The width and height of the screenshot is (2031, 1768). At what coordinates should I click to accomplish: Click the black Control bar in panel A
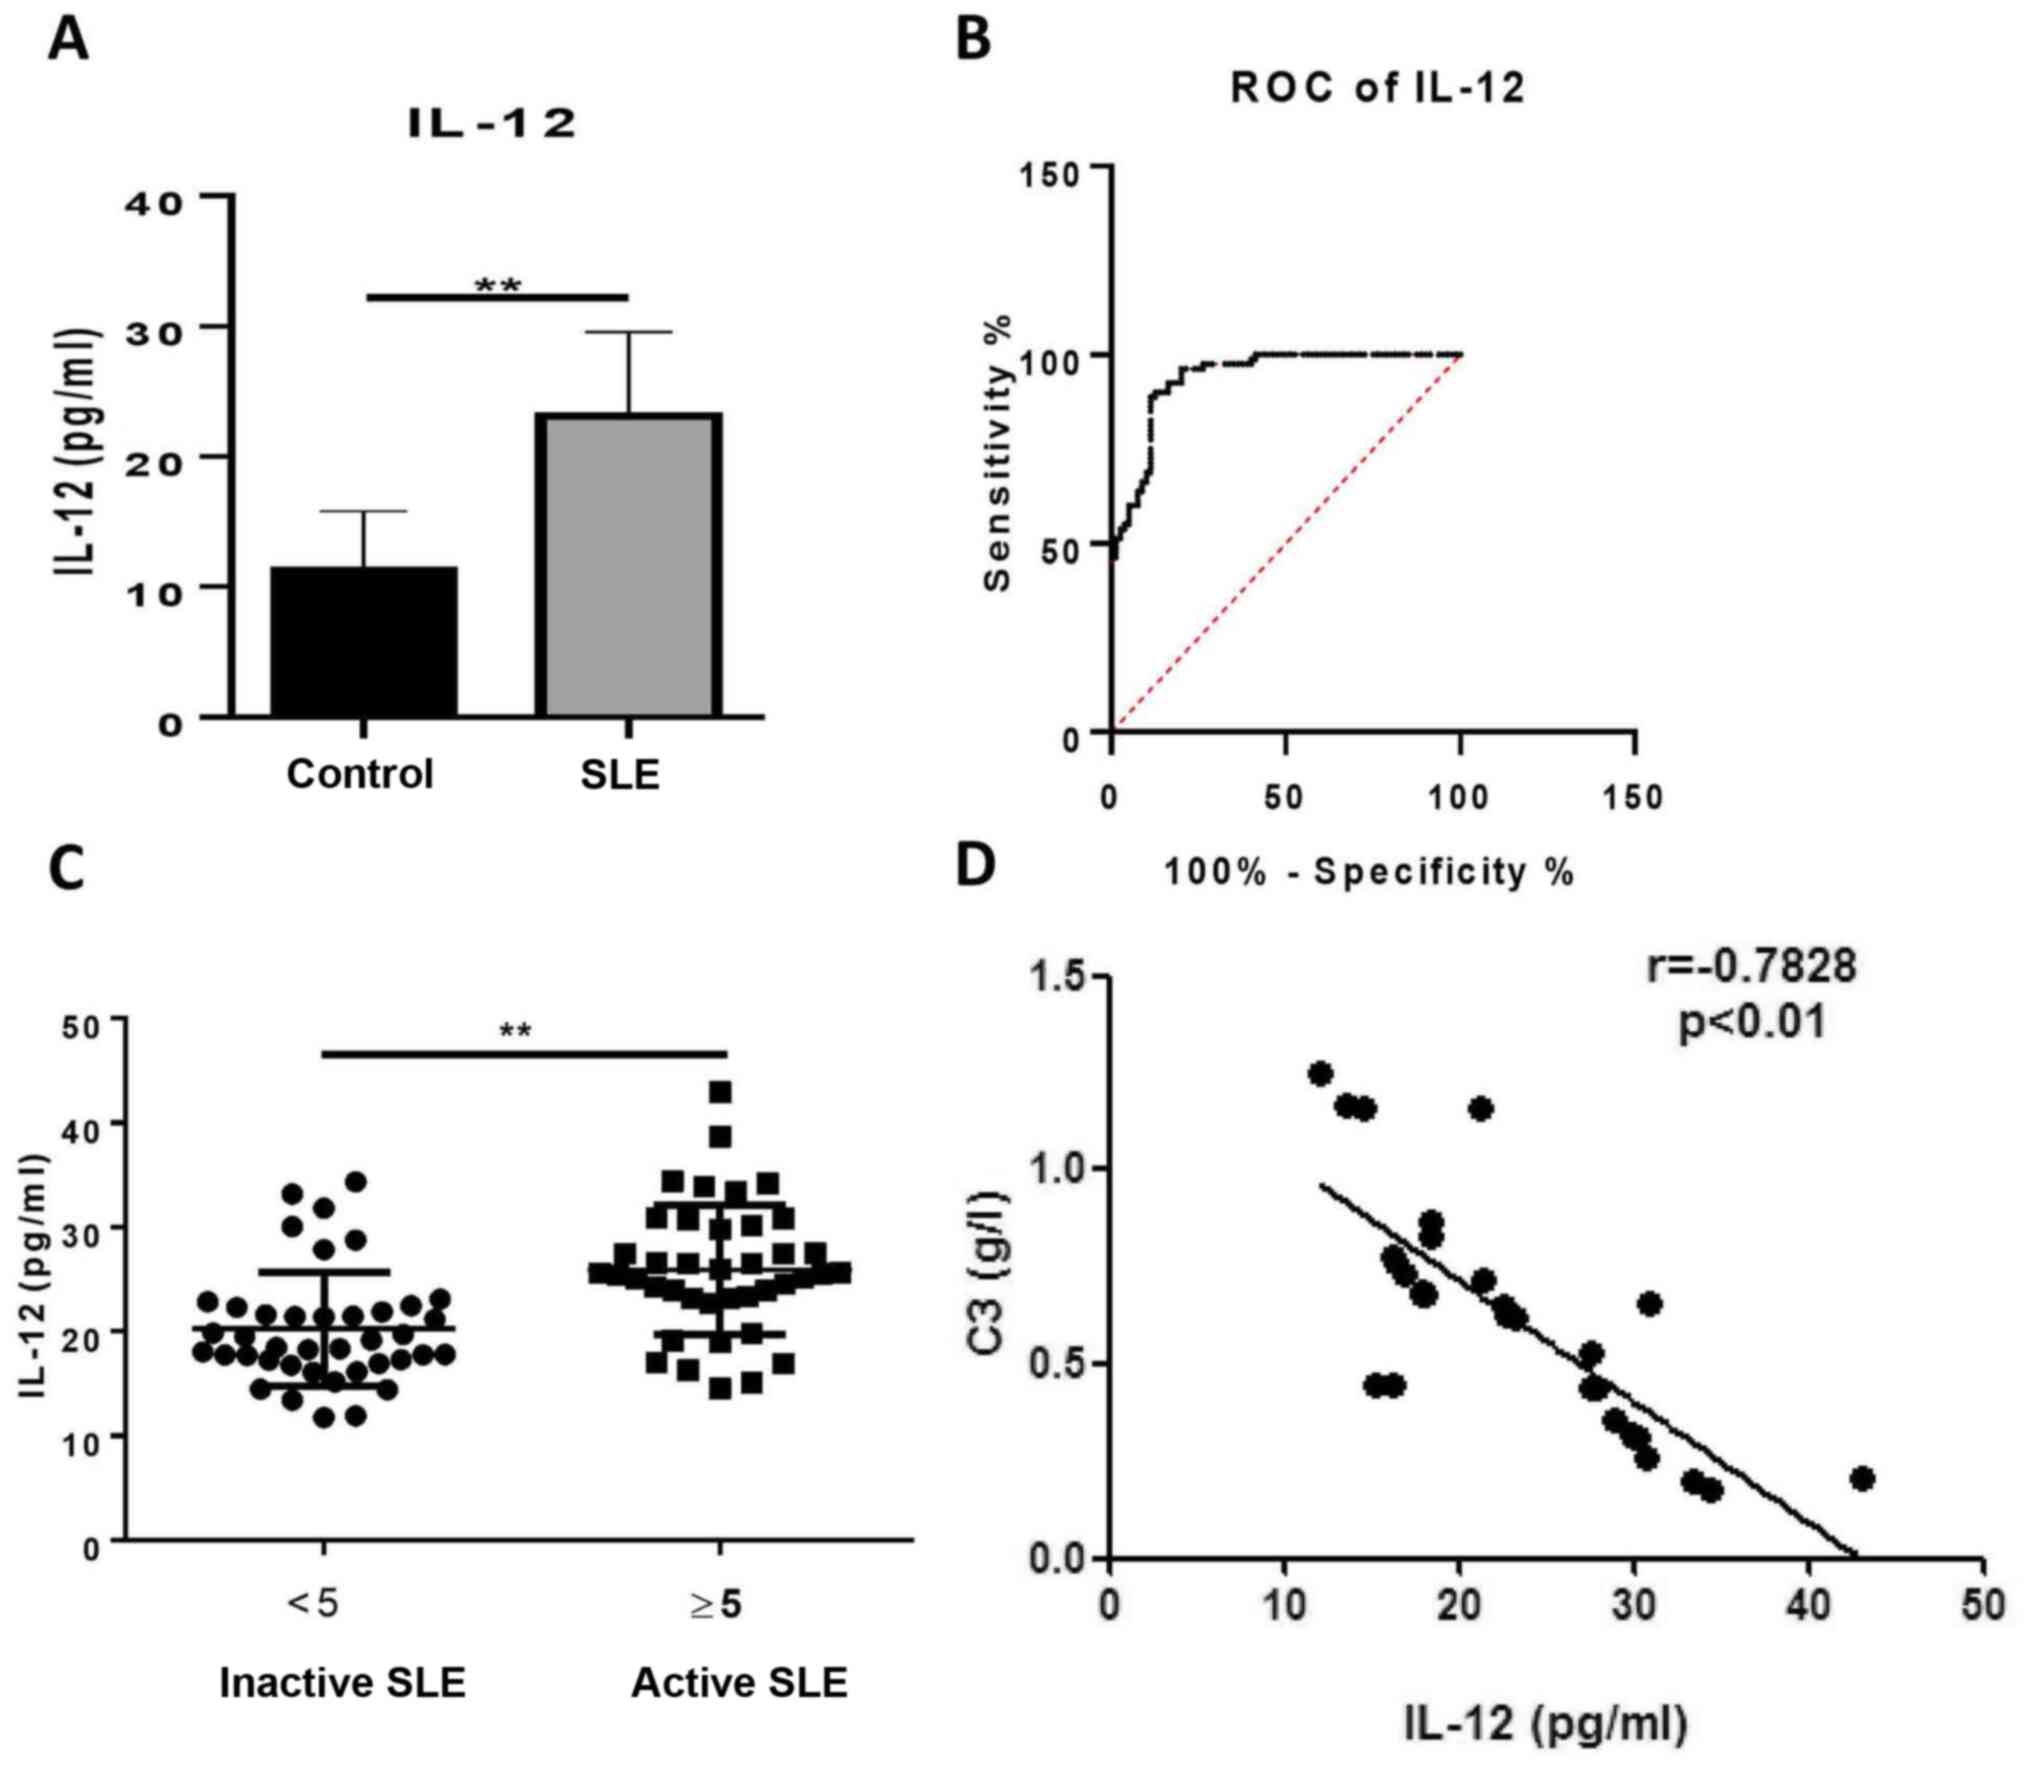point(364,641)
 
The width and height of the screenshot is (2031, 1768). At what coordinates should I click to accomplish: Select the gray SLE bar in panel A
point(628,565)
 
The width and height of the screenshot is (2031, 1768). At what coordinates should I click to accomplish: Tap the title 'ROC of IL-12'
point(1377,89)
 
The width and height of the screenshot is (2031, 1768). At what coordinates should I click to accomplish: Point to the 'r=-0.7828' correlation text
point(1751,966)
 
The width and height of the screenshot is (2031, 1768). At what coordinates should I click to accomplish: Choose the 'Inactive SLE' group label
point(342,1682)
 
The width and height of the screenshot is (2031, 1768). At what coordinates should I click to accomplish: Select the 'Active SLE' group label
point(739,1682)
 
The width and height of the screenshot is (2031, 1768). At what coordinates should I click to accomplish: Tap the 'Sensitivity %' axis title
point(997,452)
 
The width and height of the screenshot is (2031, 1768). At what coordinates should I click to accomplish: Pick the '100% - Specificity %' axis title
point(1369,872)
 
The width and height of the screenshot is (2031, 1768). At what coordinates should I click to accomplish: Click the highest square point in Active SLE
point(720,1091)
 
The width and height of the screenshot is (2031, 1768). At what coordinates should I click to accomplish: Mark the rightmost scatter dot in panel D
point(1860,1478)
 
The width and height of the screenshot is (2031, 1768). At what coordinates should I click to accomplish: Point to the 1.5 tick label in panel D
point(1062,977)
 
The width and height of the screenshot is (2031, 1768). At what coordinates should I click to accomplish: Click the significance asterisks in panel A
point(498,287)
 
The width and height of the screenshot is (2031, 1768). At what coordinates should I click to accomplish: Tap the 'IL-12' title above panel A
point(493,124)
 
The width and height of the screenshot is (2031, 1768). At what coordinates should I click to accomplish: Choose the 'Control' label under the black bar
point(360,775)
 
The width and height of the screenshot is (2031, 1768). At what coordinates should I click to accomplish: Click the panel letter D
point(976,865)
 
